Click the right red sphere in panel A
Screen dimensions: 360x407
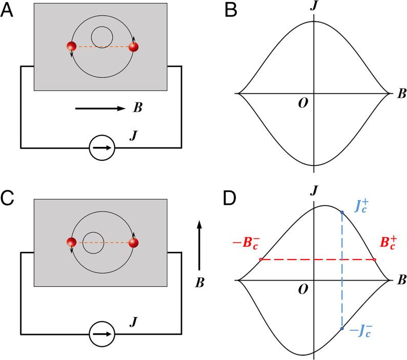(134, 47)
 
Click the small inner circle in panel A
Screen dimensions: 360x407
(102, 36)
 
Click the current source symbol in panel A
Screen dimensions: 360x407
(102, 149)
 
